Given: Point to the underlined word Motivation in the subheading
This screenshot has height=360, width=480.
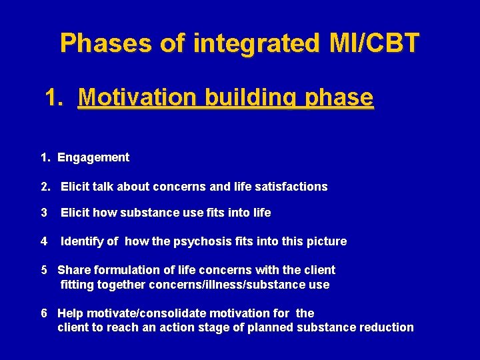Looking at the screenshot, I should coord(137,98).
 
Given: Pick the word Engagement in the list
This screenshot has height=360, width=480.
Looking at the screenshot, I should coord(93,158).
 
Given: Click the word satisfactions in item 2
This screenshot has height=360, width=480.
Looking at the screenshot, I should coord(293,187).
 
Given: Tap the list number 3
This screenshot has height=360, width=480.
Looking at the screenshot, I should coord(43,213).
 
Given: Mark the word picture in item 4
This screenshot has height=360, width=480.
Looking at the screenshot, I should coord(327,241).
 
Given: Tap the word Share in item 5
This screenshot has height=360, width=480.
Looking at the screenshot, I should coord(71,270).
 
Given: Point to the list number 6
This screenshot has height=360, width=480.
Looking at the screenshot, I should coord(43,313).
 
